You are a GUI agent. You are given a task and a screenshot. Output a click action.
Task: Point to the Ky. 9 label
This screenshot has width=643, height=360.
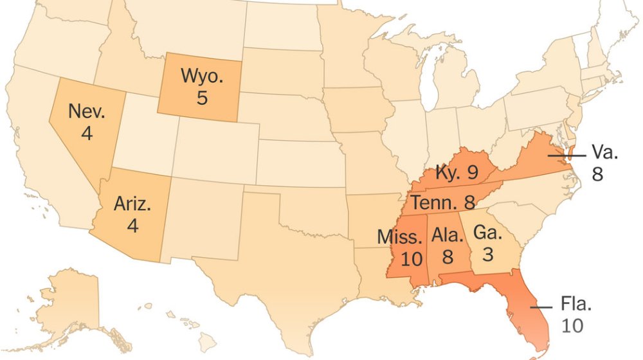click(x=457, y=172)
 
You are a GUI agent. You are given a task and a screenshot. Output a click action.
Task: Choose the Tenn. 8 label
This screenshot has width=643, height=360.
click(x=443, y=203)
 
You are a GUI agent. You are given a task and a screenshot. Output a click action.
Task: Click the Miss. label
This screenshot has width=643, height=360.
click(x=399, y=236)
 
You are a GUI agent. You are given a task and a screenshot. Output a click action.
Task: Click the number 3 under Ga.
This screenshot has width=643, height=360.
click(x=487, y=254)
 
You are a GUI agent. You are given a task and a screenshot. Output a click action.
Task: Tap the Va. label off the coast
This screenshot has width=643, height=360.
click(x=605, y=153)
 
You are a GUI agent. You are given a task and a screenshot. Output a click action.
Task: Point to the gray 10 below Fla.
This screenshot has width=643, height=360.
click(x=572, y=326)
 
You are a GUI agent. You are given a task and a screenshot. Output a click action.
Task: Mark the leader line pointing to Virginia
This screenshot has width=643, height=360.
click(x=566, y=155)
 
